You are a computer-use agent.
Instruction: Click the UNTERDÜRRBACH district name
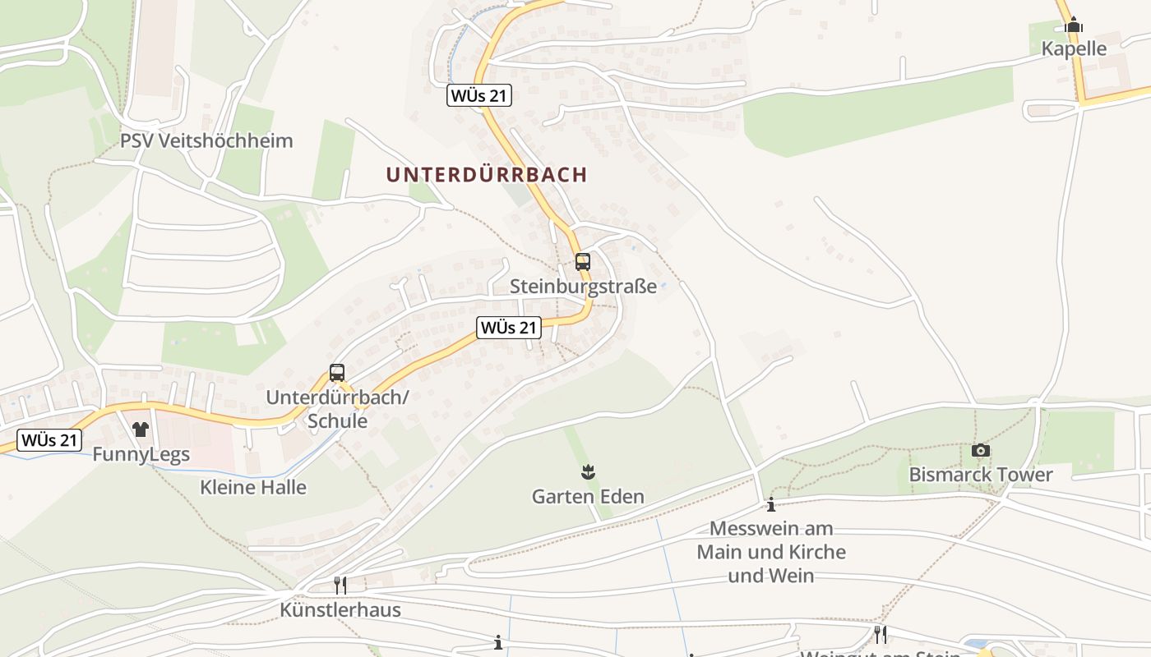click(x=487, y=175)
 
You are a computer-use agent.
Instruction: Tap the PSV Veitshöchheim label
click(x=206, y=140)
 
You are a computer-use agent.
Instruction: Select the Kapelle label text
click(x=1074, y=48)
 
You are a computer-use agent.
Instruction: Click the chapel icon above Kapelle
click(x=1073, y=25)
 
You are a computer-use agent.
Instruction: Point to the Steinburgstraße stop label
click(x=583, y=287)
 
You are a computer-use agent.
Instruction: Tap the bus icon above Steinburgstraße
click(x=583, y=262)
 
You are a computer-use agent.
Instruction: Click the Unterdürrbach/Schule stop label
click(x=337, y=409)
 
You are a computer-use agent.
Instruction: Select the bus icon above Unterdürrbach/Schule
click(x=337, y=372)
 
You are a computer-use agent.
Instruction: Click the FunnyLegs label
click(x=141, y=454)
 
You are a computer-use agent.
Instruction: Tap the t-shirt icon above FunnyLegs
click(x=141, y=430)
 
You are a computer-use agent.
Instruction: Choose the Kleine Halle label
click(x=253, y=487)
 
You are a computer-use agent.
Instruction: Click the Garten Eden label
click(x=588, y=496)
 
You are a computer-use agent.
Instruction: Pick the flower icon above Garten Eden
click(x=588, y=471)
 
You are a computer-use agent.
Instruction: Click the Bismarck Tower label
click(x=980, y=475)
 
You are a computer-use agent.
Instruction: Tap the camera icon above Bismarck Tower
click(x=980, y=450)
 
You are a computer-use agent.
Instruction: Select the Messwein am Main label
click(x=771, y=552)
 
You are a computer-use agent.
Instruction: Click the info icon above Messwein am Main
click(x=771, y=504)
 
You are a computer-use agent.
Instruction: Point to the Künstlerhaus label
click(x=340, y=610)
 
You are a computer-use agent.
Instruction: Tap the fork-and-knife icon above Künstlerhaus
click(x=340, y=586)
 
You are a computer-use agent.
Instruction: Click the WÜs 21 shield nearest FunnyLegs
click(x=49, y=440)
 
